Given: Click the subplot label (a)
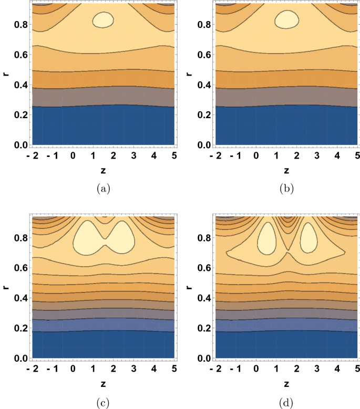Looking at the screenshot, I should [104, 187].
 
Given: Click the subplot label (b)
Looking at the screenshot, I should [286, 187].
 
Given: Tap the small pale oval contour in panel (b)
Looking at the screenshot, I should [286, 20].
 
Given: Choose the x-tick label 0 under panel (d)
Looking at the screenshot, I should [256, 371].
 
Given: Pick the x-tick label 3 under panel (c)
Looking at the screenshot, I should [133, 371].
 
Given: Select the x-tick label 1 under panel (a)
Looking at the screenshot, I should [93, 156].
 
